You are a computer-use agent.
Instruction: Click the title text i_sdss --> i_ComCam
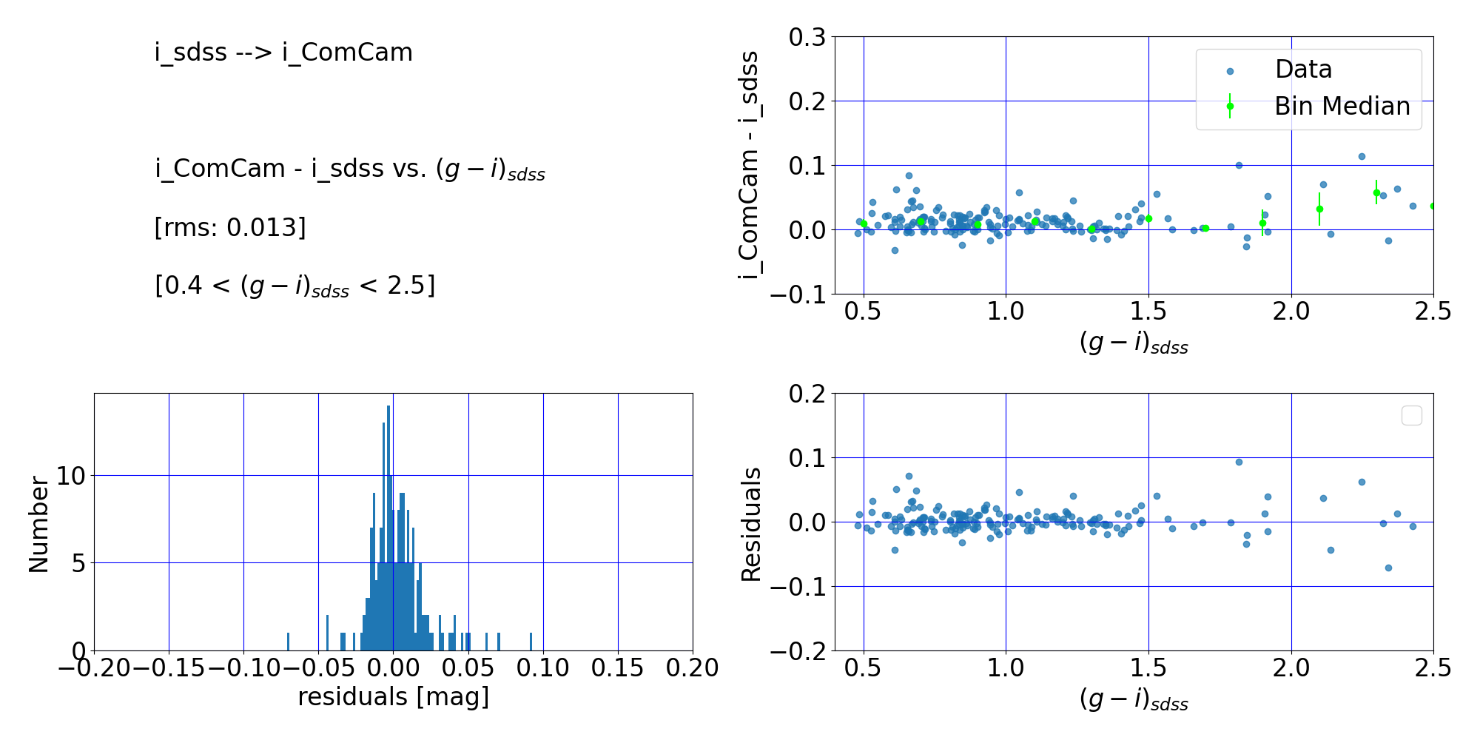(283, 53)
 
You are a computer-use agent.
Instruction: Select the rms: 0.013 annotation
(230, 227)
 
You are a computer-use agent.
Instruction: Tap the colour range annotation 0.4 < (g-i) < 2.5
(295, 286)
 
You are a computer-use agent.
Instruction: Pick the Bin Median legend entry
(1341, 107)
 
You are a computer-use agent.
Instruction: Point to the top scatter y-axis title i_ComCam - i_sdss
(750, 165)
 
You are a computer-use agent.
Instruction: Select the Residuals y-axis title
(751, 524)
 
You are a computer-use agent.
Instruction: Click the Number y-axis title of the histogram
(38, 524)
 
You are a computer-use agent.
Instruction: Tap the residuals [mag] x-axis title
(393, 697)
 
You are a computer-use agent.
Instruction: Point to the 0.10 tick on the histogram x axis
(543, 668)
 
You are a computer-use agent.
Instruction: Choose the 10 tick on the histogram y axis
(71, 476)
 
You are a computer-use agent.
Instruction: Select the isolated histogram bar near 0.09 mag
(531, 642)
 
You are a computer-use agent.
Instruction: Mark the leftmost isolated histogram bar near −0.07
(288, 642)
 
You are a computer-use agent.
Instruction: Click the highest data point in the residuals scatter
(1239, 462)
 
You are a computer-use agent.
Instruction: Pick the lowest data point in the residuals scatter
(1388, 568)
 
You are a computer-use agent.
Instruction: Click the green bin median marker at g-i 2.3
(1376, 192)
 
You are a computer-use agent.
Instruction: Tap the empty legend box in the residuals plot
(1411, 416)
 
